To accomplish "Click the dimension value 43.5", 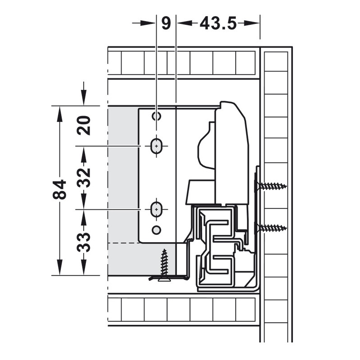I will pyautogui.click(x=218, y=23).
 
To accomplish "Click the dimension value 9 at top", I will pyautogui.click(x=166, y=23).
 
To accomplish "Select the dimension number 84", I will pyautogui.click(x=59, y=189).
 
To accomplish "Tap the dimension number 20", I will pyautogui.click(x=84, y=125).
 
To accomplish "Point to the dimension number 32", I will pyautogui.click(x=84, y=177).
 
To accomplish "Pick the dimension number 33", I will pyautogui.click(x=84, y=242).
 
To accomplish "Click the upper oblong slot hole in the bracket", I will pyautogui.click(x=156, y=146).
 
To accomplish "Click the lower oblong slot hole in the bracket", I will pyautogui.click(x=156, y=209).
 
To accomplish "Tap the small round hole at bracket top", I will pyautogui.click(x=156, y=117).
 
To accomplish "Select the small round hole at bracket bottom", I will pyautogui.click(x=156, y=229).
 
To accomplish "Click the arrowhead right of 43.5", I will pyautogui.click(x=252, y=23).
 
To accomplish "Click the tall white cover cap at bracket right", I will pyautogui.click(x=232, y=153).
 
